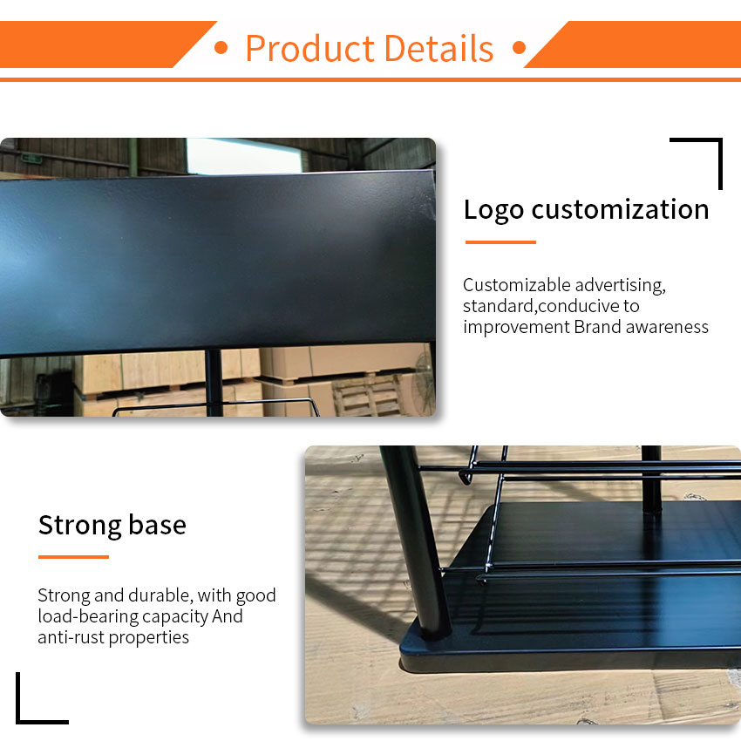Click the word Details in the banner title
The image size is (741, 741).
(x=439, y=48)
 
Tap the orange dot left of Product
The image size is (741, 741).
(x=221, y=47)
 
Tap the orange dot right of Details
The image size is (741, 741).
(x=519, y=47)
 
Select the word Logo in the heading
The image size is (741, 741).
(x=493, y=210)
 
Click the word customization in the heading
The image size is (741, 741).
(x=620, y=209)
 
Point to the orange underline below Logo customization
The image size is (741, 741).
(x=500, y=242)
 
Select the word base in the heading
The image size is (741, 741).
(x=158, y=525)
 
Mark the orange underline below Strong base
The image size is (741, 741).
(x=73, y=557)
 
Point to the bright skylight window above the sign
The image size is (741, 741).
(x=244, y=156)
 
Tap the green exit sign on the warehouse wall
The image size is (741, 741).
(x=31, y=159)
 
